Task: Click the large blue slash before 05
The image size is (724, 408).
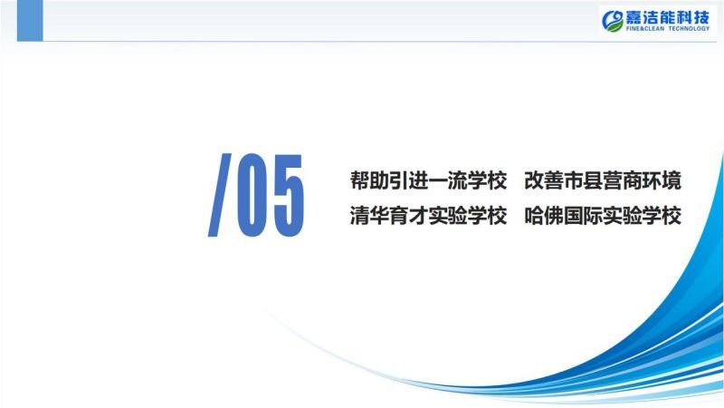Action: pos(220,195)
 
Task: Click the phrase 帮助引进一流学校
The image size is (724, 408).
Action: pos(428,180)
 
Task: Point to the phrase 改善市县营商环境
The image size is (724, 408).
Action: pos(603,180)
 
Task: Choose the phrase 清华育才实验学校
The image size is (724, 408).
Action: pos(428,216)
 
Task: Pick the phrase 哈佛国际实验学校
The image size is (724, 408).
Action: pos(603,216)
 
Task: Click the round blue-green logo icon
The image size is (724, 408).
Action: pos(613,21)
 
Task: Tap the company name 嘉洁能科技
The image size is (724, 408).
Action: pos(668,17)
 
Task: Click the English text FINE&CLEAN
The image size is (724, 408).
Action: pos(645,29)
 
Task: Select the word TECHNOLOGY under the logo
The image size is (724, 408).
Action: pos(689,29)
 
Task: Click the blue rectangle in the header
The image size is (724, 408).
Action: pos(30,20)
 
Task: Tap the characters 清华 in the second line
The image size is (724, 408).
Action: pos(369,216)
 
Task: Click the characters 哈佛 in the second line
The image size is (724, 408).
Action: pos(544,216)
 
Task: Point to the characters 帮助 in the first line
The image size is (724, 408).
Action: pos(369,180)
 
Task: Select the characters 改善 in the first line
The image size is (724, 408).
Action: pos(544,180)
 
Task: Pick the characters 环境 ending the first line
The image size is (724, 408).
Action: pos(662,180)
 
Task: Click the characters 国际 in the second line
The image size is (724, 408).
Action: pos(583,216)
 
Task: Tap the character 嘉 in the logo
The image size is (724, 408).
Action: pos(634,17)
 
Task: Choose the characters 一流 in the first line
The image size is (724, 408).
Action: pos(448,180)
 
